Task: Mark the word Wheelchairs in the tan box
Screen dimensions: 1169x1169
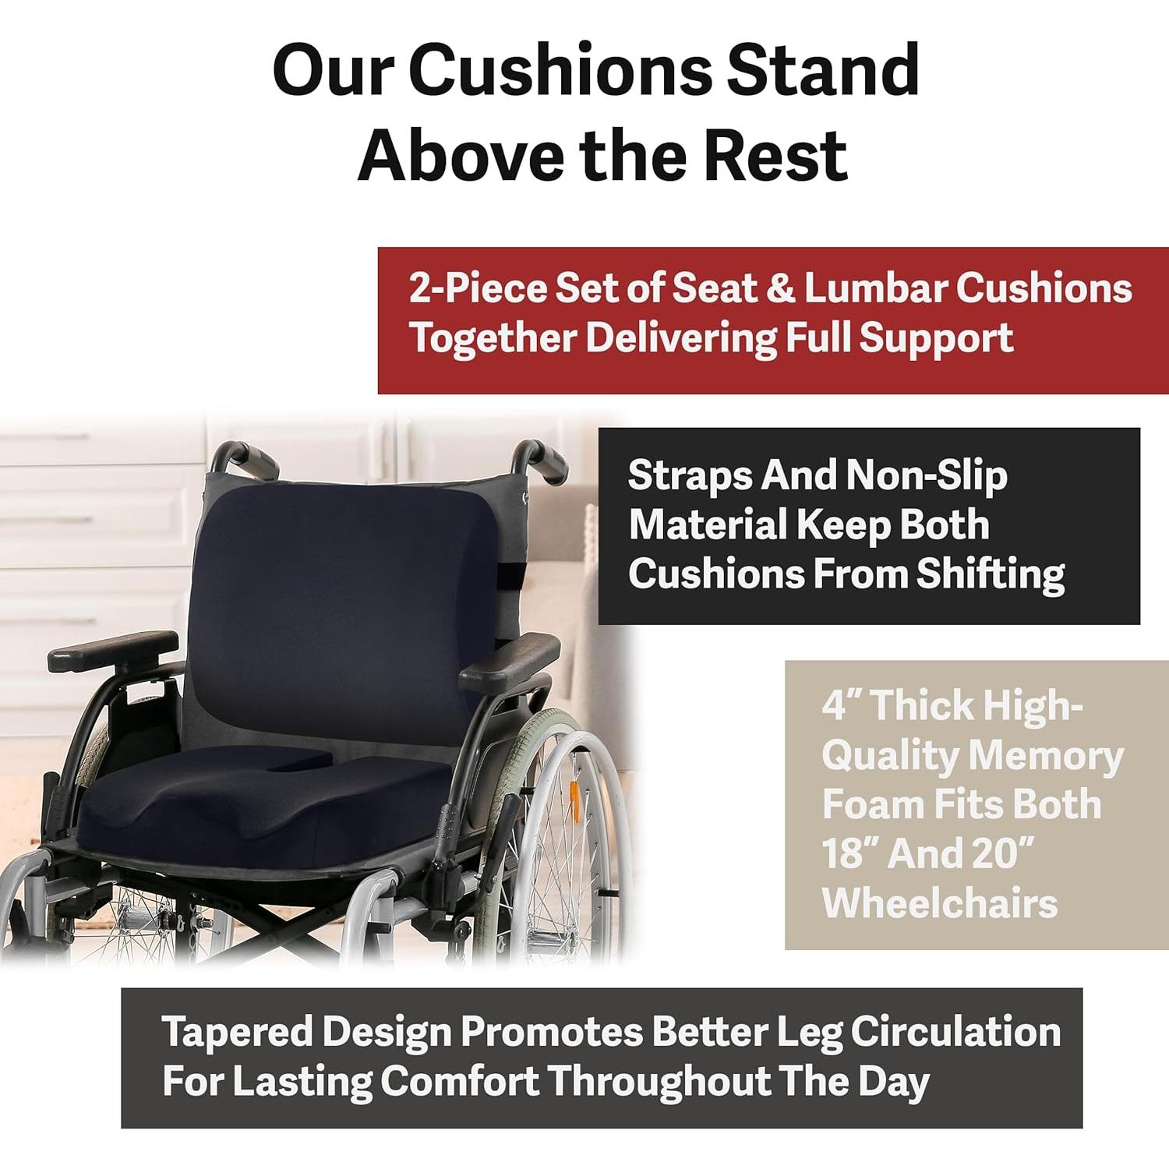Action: click(939, 903)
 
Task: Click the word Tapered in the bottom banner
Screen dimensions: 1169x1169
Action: click(237, 1032)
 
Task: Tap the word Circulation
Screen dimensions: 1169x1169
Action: click(955, 1032)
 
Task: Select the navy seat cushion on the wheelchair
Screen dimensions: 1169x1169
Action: click(257, 811)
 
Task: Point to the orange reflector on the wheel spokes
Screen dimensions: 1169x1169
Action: click(574, 798)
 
